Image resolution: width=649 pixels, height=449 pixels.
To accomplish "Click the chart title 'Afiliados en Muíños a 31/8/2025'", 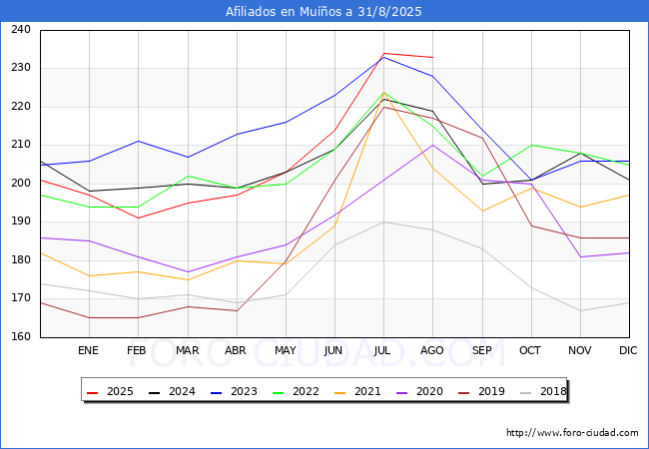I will (324, 12).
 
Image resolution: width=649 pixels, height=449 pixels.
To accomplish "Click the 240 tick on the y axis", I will (20, 30).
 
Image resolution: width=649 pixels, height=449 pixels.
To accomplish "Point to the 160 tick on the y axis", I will (20, 337).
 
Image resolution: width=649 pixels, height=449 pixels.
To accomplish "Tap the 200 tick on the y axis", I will (20, 184).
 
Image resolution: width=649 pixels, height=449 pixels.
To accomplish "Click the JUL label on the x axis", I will (383, 350).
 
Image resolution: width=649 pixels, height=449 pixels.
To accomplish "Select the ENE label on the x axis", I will (89, 350).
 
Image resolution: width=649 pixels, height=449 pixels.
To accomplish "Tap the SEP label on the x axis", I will (481, 350).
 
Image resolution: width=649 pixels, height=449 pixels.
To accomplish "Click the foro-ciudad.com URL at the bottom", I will (572, 433).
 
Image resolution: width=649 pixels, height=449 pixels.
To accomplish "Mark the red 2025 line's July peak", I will (383, 54).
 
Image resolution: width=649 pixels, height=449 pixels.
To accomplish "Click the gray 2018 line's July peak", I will (383, 223).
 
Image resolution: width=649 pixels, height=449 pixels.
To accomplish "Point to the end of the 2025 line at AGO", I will (432, 57).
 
